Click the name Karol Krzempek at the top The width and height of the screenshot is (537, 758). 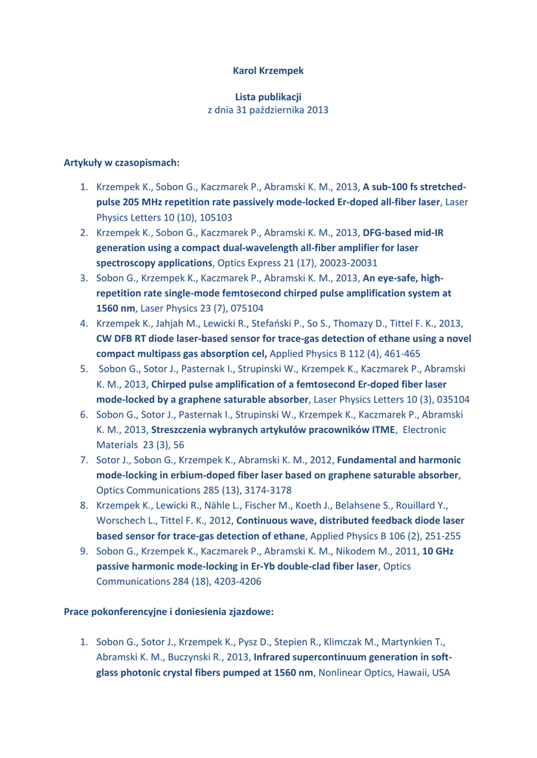pyautogui.click(x=267, y=71)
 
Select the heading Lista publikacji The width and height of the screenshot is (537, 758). pyautogui.click(x=267, y=96)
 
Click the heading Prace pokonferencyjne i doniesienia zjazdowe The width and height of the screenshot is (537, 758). pyautogui.click(x=169, y=612)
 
